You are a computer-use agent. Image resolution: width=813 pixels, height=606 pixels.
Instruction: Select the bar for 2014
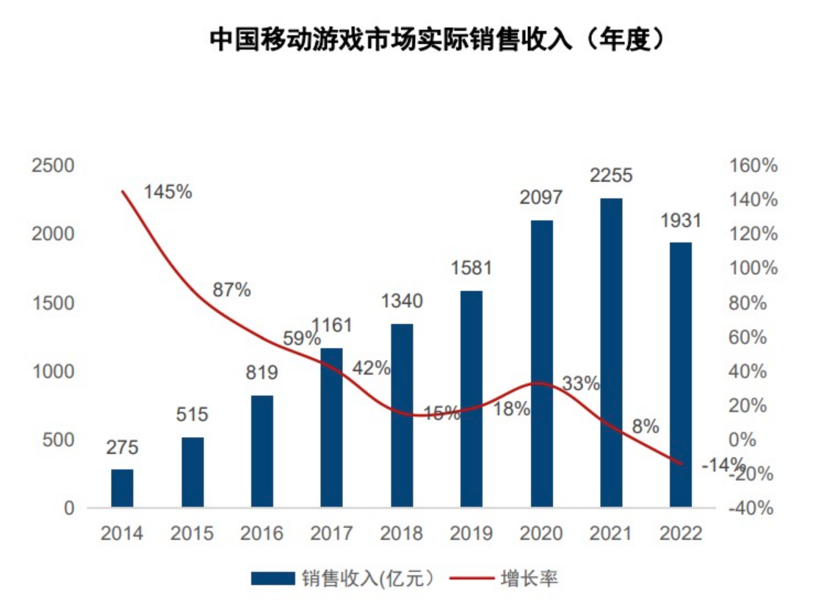123,488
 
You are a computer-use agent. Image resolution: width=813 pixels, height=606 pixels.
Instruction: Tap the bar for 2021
610,353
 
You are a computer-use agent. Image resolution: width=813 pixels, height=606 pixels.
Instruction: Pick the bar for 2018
402,415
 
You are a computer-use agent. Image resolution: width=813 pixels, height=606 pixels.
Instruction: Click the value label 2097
541,198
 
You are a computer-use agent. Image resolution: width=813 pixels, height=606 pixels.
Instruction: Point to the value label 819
261,373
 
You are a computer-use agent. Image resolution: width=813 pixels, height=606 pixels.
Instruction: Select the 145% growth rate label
168,192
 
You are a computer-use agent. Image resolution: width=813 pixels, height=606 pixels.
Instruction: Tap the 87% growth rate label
231,290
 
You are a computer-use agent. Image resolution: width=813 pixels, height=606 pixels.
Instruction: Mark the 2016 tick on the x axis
261,533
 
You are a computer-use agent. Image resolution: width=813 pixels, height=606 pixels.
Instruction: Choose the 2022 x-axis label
680,533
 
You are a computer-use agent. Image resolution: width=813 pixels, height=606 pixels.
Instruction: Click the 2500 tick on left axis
54,166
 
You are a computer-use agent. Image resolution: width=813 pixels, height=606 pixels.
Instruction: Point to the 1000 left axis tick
54,372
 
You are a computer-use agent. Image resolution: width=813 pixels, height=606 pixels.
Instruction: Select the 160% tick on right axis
753,166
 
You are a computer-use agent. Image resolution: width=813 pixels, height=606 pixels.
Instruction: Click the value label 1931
680,220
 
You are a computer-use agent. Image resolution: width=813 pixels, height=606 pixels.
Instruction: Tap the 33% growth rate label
582,383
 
